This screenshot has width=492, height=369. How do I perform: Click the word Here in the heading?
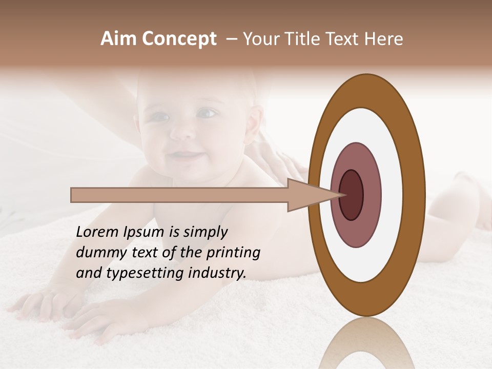coord(384,39)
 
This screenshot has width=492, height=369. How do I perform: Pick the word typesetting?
coord(136,273)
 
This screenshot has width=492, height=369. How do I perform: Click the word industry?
coord(217,273)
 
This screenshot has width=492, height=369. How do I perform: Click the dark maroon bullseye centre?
coord(352,195)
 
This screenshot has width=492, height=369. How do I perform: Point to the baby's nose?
coord(182,132)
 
